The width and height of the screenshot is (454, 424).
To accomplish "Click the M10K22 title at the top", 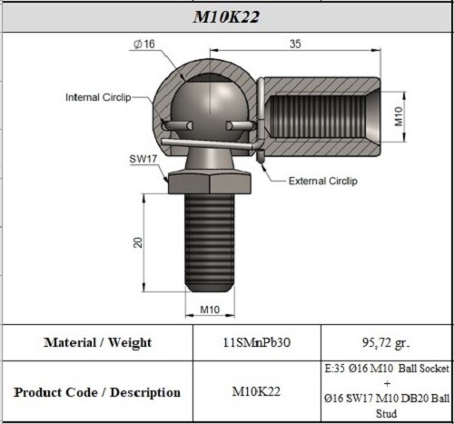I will tap(228, 16).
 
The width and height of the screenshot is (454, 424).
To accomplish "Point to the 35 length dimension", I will tap(295, 43).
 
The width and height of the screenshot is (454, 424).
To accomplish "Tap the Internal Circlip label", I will tap(100, 97).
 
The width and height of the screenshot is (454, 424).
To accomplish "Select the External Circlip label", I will tap(322, 181).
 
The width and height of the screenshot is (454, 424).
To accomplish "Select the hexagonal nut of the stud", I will tap(212, 181).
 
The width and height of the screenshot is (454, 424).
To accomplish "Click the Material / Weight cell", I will tap(97, 342).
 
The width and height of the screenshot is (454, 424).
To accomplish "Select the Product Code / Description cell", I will tap(97, 392).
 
